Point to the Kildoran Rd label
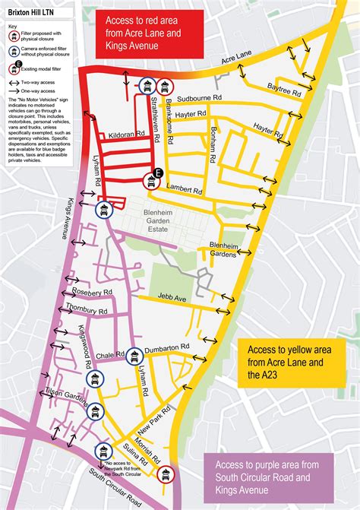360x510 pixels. (126, 134)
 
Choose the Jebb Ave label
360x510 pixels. (172, 299)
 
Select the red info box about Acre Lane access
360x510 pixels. (144, 36)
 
